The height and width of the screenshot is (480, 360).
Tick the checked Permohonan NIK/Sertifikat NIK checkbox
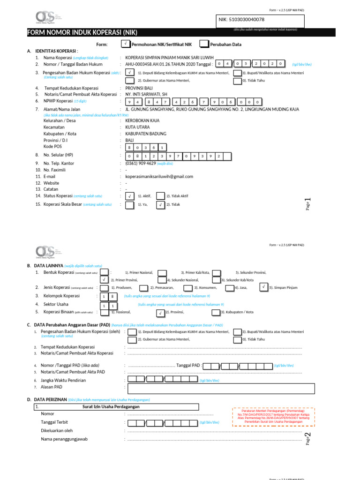pyautogui.click(x=125, y=44)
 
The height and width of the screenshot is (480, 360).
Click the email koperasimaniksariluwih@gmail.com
pyautogui.click(x=159, y=176)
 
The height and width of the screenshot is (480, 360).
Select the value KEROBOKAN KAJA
pyautogui.click(x=142, y=120)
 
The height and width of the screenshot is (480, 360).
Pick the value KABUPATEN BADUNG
pyautogui.click(x=145, y=134)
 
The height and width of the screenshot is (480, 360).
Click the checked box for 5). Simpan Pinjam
pyautogui.click(x=264, y=287)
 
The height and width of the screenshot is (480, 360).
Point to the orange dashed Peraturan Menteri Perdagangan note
pyautogui.click(x=273, y=416)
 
